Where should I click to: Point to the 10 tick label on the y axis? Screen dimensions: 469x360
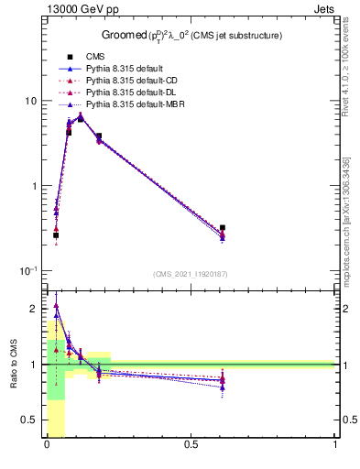(x=29, y=101)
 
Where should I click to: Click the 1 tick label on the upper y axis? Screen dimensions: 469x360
(x=33, y=186)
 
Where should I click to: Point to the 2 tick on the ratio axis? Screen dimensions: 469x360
(x=35, y=308)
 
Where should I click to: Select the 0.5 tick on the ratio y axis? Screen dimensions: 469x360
(x=30, y=420)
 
